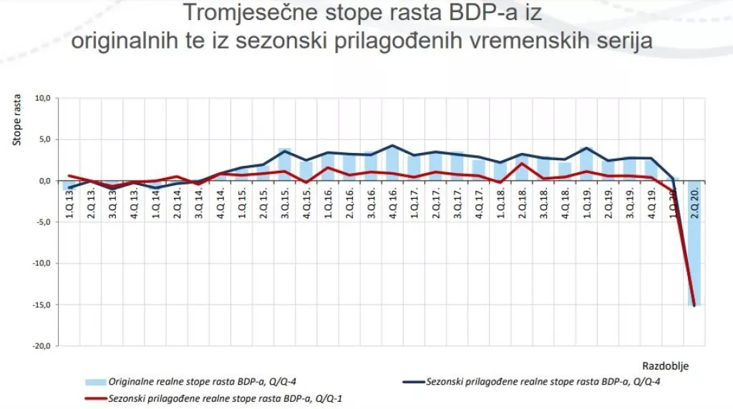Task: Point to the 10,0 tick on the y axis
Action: [45, 98]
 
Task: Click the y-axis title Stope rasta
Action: [17, 119]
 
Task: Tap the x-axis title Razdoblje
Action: [669, 365]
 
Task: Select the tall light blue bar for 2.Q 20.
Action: [694, 243]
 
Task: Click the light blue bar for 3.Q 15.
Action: [284, 164]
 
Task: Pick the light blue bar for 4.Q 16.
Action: [392, 163]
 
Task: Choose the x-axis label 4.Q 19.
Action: [651, 204]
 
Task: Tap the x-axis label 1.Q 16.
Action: [328, 204]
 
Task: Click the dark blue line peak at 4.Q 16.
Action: [392, 146]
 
